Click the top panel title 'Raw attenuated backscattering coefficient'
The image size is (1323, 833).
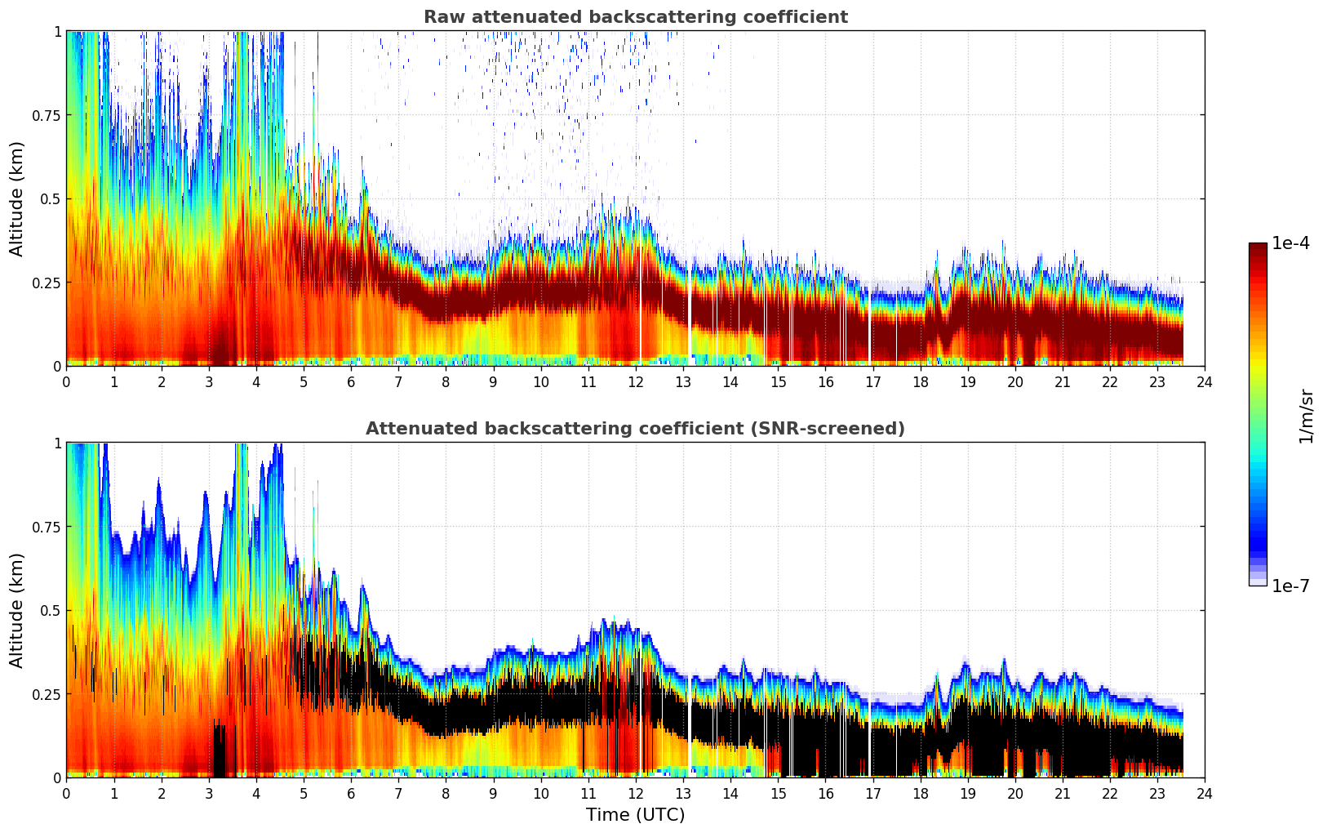(x=635, y=17)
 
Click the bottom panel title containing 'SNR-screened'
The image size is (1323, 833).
(x=635, y=429)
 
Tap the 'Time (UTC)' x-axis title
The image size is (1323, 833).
(x=635, y=815)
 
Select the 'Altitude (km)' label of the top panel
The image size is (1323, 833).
(x=17, y=198)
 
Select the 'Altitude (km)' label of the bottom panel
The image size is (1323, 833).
(x=17, y=610)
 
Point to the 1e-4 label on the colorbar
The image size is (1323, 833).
(x=1290, y=243)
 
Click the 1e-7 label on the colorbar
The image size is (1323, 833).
(x=1290, y=586)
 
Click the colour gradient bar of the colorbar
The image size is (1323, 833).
(x=1258, y=414)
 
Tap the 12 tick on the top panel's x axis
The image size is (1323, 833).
(x=635, y=381)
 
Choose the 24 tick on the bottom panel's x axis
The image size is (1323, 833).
(x=1205, y=793)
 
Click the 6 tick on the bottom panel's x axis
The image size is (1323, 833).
(x=351, y=793)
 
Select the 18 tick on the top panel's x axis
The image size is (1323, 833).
(x=920, y=381)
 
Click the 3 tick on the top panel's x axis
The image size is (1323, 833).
(x=208, y=381)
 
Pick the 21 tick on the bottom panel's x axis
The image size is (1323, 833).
(x=1062, y=793)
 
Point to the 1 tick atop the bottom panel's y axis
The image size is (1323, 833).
(x=57, y=443)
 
